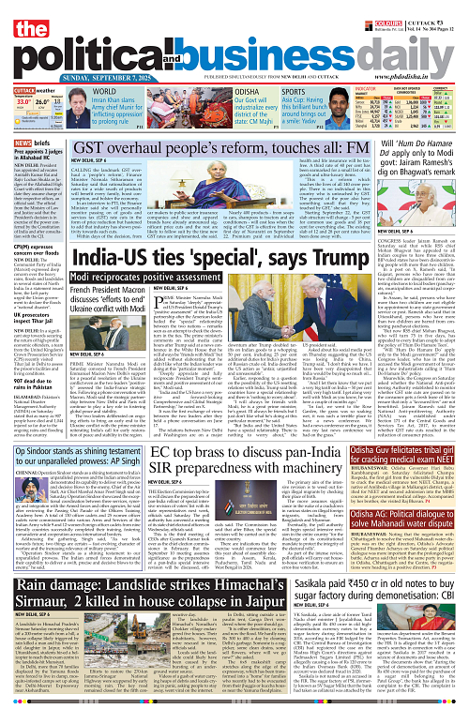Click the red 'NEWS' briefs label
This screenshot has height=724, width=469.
click(x=26, y=143)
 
